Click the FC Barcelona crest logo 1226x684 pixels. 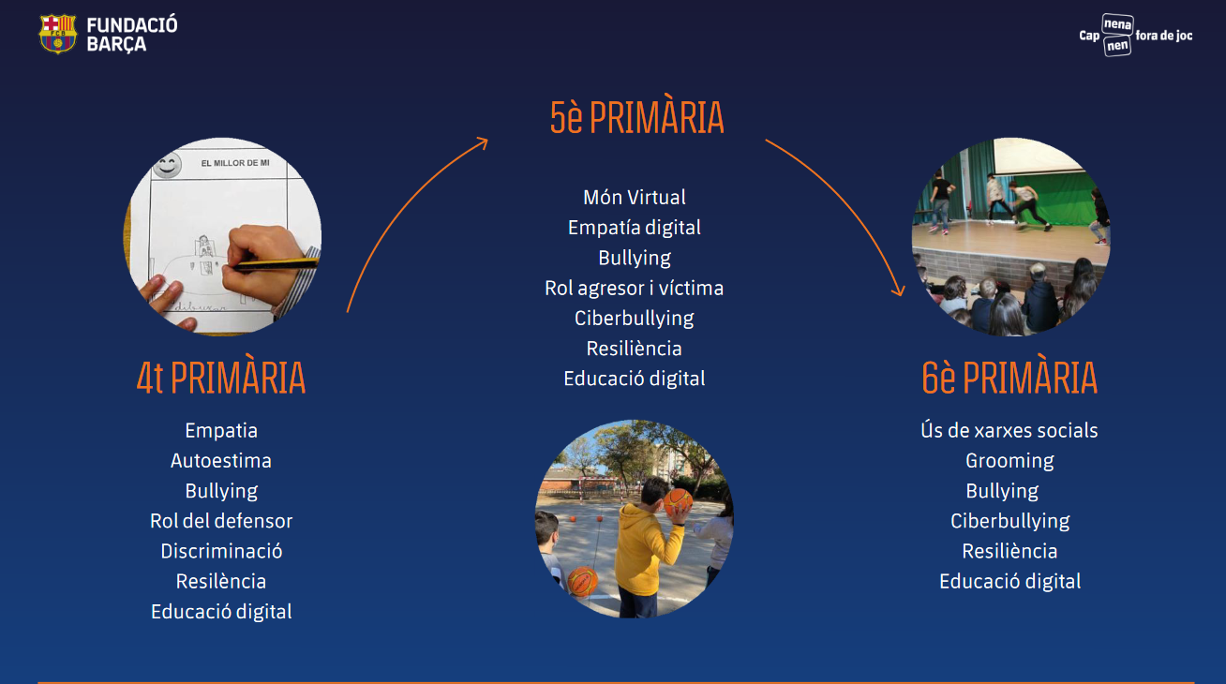point(57,34)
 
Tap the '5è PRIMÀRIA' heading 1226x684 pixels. point(636,118)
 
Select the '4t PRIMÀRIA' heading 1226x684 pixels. point(221,378)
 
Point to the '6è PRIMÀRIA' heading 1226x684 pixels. point(1009,378)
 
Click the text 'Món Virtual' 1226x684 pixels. point(635,197)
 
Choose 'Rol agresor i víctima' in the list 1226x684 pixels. point(634,288)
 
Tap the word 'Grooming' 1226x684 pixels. point(1009,461)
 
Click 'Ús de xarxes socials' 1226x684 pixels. point(1009,430)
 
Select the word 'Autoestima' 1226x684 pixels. point(221,461)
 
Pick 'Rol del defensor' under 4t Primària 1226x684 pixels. point(221,521)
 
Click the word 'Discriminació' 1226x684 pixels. point(221,551)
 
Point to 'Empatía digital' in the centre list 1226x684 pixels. point(635,228)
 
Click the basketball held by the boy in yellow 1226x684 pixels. point(679,502)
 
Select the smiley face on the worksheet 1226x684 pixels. point(167,165)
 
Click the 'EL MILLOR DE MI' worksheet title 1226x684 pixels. point(235,163)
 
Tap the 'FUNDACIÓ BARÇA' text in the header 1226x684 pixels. point(132,34)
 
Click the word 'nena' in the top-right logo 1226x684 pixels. point(1117,24)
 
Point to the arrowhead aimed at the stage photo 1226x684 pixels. point(898,290)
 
